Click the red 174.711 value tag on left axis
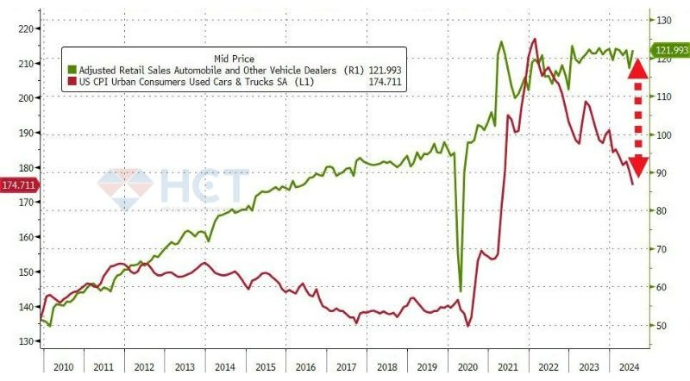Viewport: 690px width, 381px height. click(x=19, y=185)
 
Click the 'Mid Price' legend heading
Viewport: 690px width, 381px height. click(x=234, y=58)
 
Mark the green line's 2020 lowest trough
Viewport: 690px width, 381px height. click(x=461, y=290)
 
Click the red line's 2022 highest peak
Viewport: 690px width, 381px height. click(x=536, y=39)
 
